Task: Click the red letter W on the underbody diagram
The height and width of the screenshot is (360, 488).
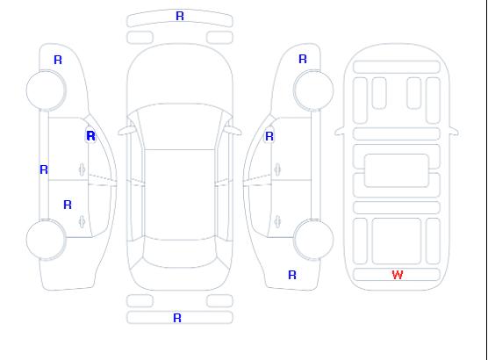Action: [x=398, y=275]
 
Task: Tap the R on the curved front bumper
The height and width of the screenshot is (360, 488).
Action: [x=180, y=16]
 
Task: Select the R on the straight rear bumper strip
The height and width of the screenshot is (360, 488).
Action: [x=177, y=318]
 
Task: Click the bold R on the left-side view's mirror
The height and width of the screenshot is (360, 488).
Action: [x=90, y=136]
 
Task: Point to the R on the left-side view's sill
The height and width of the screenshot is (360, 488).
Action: [x=44, y=169]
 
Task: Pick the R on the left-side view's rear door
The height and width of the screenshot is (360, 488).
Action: [x=68, y=205]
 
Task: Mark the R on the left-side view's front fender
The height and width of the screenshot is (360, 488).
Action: [x=58, y=60]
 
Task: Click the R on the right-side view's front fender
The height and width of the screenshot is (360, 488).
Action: [x=303, y=59]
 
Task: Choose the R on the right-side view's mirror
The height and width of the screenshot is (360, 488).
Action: [x=269, y=136]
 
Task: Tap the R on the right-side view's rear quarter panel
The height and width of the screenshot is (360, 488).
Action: [x=292, y=275]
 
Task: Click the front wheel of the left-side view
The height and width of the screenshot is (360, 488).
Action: [x=46, y=90]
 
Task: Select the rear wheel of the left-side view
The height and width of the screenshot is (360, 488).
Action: [x=46, y=240]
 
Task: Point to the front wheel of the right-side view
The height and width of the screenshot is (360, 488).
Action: [x=313, y=90]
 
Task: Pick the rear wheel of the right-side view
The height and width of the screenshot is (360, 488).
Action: [x=313, y=240]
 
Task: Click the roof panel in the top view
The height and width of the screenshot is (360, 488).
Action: [x=180, y=195]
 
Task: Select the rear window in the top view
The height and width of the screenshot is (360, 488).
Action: [x=180, y=253]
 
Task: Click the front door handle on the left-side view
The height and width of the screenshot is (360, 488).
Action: [x=82, y=169]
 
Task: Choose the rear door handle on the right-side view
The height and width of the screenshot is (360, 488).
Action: [x=277, y=221]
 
